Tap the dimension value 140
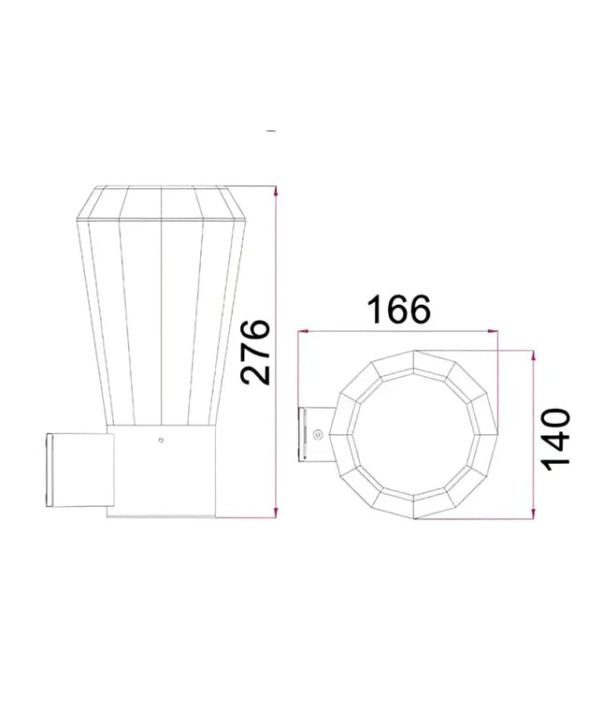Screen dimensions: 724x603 click(555, 438)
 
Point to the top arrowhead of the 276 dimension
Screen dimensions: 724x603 click(277, 191)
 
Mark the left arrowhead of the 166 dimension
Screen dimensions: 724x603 click(302, 331)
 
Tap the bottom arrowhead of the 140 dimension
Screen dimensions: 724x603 click(532, 513)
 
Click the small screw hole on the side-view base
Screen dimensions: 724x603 click(161, 438)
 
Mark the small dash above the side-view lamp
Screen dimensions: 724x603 click(271, 132)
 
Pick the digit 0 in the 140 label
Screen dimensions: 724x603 click(555, 416)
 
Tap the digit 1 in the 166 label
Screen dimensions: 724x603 click(375, 309)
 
